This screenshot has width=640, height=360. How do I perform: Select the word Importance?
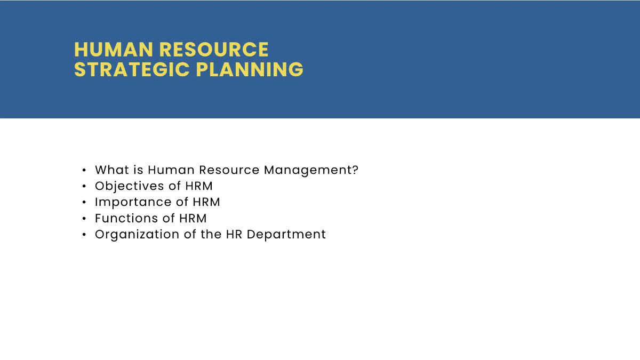[126, 202]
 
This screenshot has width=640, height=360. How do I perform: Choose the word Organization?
[137, 234]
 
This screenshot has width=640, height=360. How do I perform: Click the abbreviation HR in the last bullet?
[234, 234]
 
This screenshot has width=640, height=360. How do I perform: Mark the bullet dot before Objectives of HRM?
[84, 187]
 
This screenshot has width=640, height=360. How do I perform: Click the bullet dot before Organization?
[84, 235]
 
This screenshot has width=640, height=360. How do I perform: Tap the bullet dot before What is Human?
[84, 171]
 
